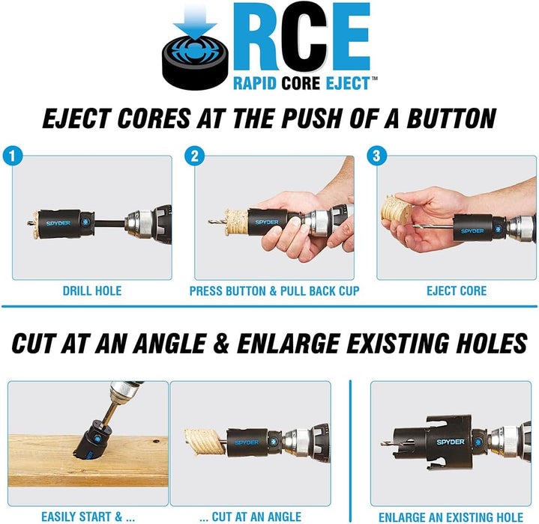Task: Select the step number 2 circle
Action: pyautogui.click(x=193, y=156)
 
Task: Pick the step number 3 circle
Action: pyautogui.click(x=374, y=156)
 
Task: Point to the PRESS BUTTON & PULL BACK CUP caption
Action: pyautogui.click(x=274, y=290)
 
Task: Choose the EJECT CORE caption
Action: pyautogui.click(x=456, y=290)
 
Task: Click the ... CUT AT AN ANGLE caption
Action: pyautogui.click(x=250, y=516)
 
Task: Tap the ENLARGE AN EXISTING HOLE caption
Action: pyautogui.click(x=451, y=516)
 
